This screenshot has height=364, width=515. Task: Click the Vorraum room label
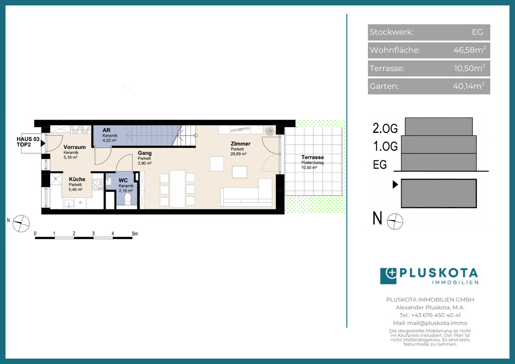75,147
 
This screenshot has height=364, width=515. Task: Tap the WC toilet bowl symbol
127,199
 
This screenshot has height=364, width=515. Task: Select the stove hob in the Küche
98,185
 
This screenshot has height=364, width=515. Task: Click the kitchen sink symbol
69,204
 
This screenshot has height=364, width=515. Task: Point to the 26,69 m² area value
239,154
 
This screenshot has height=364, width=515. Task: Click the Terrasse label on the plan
312,157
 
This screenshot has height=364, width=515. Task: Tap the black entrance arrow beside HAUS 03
43,143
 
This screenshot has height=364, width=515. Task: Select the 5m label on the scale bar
135,234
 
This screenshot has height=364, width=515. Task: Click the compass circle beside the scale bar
21,224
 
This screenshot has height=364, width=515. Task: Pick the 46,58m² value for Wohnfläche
470,50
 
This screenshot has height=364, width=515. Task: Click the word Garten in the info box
384,86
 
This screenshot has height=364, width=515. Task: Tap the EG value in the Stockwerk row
477,32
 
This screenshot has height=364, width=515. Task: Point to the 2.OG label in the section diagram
385,128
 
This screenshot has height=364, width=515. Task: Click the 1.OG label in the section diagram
385,146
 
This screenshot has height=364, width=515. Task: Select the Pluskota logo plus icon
388,276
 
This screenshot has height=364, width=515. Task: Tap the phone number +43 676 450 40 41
436,315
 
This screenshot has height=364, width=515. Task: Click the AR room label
106,130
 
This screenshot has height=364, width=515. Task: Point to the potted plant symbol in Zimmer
270,131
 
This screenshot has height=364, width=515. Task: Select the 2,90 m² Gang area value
145,163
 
